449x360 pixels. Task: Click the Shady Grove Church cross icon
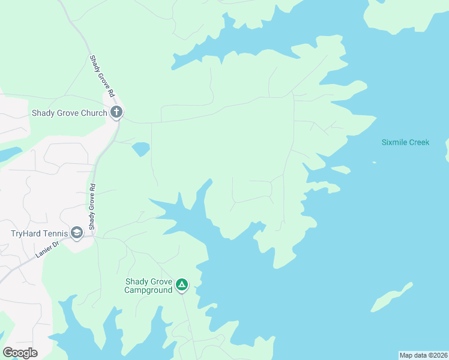[116, 112]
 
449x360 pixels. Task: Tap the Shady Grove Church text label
[69, 112]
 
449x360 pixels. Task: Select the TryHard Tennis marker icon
[77, 233]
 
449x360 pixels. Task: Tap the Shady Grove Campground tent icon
[182, 284]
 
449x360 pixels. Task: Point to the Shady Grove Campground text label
[148, 286]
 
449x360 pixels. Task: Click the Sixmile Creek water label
[405, 142]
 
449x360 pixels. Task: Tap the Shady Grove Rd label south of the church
[92, 207]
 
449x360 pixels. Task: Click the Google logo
[20, 353]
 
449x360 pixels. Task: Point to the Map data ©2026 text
[423, 355]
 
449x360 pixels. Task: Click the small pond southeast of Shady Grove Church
[140, 148]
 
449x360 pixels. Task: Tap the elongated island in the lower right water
[391, 297]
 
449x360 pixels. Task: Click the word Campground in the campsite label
[148, 290]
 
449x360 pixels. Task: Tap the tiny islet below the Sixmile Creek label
[374, 162]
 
